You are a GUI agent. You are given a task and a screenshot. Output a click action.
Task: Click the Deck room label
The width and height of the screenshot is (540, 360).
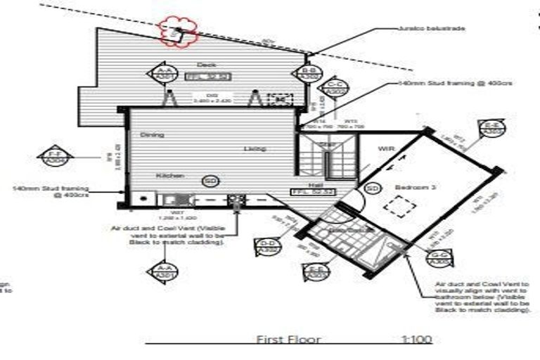206,65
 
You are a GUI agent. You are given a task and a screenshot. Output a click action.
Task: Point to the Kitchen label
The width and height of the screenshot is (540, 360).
169,175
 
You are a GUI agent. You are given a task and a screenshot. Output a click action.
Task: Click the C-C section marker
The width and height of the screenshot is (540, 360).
335,88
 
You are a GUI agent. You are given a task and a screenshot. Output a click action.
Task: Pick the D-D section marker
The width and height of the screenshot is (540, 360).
266,245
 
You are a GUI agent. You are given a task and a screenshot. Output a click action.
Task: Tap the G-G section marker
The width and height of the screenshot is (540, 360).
441,258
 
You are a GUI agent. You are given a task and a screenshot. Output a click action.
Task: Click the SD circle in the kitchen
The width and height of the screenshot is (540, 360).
210,181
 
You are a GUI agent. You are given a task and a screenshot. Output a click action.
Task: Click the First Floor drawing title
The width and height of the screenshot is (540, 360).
288,340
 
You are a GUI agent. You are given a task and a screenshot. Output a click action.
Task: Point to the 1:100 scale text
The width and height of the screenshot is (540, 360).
416,340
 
